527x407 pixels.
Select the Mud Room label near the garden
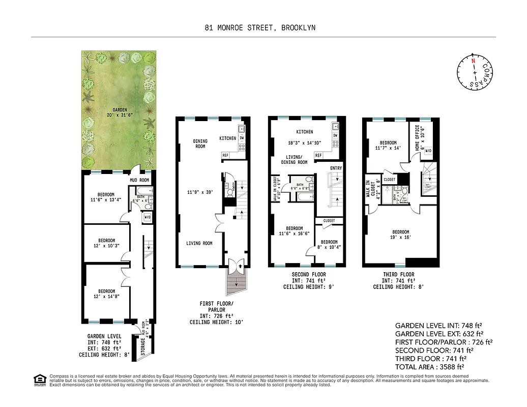click(x=139, y=180)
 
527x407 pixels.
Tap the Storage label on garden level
click(x=143, y=347)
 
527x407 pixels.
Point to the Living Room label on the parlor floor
click(x=199, y=244)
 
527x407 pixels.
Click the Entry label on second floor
click(x=336, y=168)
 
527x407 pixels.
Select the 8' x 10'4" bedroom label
click(x=329, y=245)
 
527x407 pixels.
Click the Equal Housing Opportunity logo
click(x=39, y=379)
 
